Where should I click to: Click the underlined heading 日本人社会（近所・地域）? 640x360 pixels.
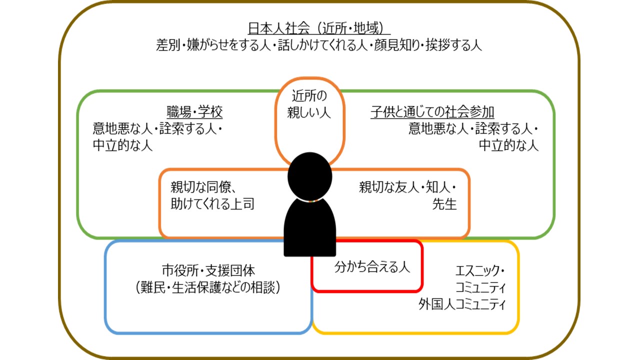point(319,28)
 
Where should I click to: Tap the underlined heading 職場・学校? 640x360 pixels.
point(194,111)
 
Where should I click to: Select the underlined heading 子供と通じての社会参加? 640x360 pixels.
point(432,111)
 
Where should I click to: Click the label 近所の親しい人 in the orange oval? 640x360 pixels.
point(309,104)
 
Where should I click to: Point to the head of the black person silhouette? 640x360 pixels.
point(309,176)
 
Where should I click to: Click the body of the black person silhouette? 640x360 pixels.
point(309,227)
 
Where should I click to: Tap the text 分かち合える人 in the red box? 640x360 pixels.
point(372,267)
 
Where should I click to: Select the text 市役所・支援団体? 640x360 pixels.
point(208,270)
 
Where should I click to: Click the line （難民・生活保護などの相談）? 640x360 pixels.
point(208,287)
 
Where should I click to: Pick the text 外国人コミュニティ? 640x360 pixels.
point(461,304)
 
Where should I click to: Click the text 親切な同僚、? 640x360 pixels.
point(203,187)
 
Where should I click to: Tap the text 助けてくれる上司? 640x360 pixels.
point(212,204)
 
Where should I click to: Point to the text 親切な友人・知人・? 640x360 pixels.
point(407,187)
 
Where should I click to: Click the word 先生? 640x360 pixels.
point(444,204)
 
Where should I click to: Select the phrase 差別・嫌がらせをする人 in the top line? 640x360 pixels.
point(213,45)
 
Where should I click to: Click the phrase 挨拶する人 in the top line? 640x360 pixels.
point(453,45)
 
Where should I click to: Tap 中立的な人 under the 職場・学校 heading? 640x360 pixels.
point(122,145)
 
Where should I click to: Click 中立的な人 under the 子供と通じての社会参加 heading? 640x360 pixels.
point(508,145)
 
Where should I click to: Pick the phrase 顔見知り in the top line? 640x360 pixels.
point(397,45)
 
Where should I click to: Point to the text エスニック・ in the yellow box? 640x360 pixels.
point(480,270)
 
